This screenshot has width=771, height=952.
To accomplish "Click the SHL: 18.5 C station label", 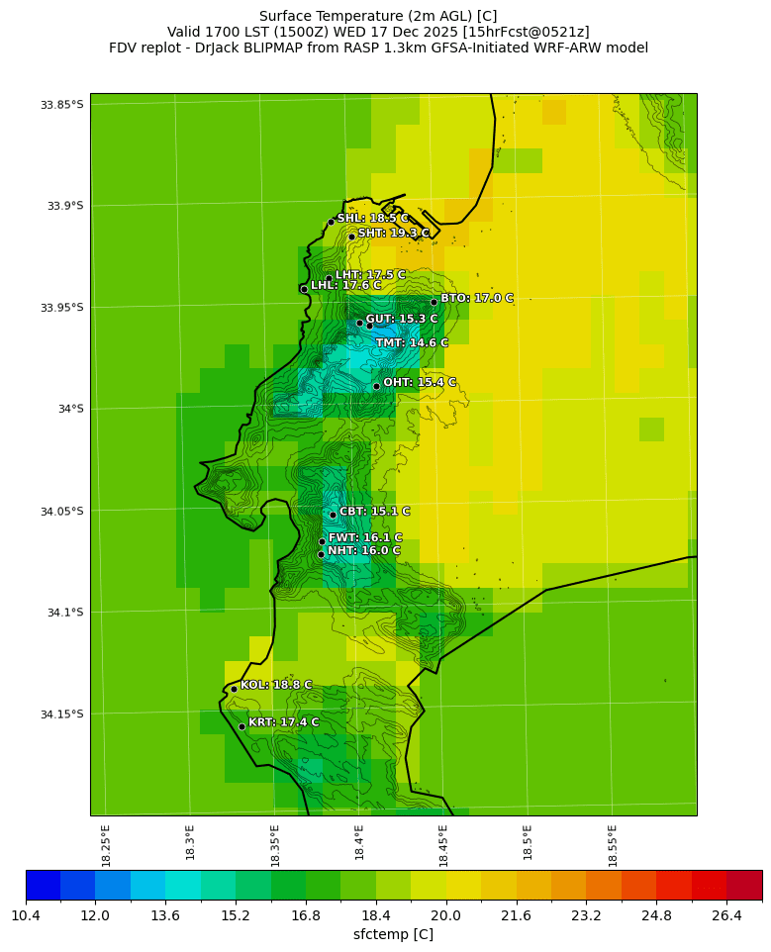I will tap(372, 219).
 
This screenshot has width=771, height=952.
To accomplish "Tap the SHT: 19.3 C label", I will tap(393, 234).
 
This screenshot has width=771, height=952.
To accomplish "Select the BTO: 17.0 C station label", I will tap(476, 298).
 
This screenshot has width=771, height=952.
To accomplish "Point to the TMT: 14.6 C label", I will tap(412, 343).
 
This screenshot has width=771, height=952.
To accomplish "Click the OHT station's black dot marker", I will tap(376, 386).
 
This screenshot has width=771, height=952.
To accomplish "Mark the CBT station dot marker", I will tap(333, 515).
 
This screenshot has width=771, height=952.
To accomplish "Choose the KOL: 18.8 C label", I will tap(275, 685).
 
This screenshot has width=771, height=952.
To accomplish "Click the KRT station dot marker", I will tap(241, 726).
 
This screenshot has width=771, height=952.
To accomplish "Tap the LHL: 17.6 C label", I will tap(345, 286).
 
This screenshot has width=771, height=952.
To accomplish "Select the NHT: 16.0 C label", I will tap(364, 551).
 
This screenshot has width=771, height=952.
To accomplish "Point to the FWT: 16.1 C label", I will tap(365, 538).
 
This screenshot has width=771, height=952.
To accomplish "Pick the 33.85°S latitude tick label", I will tap(60, 105).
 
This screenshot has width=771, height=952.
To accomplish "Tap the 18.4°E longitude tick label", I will tap(359, 845).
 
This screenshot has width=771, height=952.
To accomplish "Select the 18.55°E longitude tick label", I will tap(613, 845).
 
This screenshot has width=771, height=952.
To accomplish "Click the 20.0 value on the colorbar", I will tap(445, 915).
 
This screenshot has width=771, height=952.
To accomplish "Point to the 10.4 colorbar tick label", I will tap(26, 915).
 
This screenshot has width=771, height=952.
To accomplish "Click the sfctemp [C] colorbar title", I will tap(393, 934).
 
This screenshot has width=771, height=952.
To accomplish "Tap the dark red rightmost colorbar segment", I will tap(744, 885).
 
